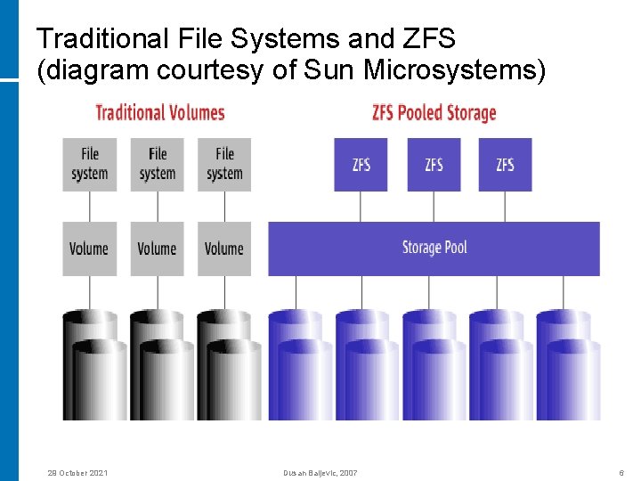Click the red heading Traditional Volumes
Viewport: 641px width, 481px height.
click(x=159, y=112)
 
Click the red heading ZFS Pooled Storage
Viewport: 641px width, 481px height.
click(x=434, y=112)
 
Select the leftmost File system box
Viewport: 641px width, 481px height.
click(x=90, y=164)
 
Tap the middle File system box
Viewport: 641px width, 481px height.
click(x=158, y=164)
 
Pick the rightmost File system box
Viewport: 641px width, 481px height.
click(x=224, y=164)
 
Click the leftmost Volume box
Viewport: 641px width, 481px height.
click(x=90, y=249)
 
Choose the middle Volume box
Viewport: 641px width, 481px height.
click(x=158, y=249)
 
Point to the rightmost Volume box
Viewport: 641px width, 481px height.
click(x=224, y=249)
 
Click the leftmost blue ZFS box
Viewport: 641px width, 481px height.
click(x=361, y=164)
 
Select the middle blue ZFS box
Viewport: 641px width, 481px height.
click(x=434, y=164)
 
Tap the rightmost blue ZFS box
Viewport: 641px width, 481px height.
click(x=505, y=164)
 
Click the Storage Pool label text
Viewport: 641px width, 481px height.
click(x=434, y=248)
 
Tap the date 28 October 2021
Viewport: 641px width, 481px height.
click(x=77, y=472)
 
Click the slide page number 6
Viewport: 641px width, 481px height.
click(x=621, y=472)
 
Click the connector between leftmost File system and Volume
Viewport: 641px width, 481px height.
click(x=90, y=206)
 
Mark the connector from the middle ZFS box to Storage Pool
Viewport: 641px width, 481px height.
click(x=434, y=206)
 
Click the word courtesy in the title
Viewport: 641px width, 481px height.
click(x=212, y=70)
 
